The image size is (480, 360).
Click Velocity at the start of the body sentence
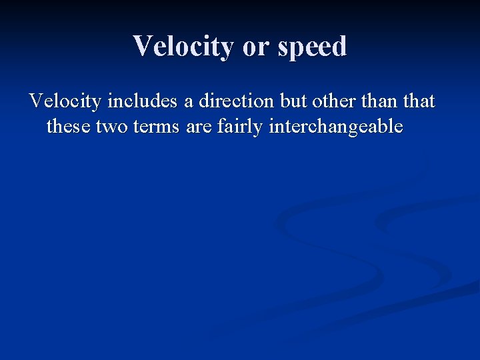(65, 101)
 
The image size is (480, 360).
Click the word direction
(236, 101)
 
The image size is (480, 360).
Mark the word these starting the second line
(69, 127)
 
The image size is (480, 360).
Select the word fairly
(240, 127)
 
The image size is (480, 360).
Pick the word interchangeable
(336, 127)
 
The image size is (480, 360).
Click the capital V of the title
(143, 47)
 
